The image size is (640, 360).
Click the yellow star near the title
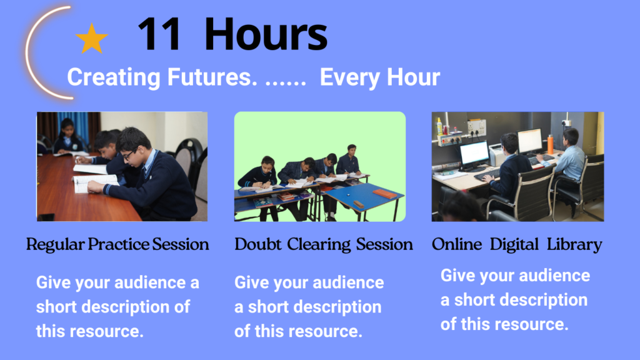92,39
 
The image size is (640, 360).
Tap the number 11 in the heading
159,34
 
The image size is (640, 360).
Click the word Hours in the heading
266,34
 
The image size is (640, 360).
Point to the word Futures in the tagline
212,77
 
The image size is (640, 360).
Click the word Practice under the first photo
119,244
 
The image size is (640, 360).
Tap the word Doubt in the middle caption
258,244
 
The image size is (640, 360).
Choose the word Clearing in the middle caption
319,244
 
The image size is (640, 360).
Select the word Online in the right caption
457,244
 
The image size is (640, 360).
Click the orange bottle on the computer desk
550,144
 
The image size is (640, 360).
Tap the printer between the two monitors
498,154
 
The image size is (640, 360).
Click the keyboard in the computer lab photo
486,175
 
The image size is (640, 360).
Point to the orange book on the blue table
384,194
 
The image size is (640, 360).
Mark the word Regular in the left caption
56,244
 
